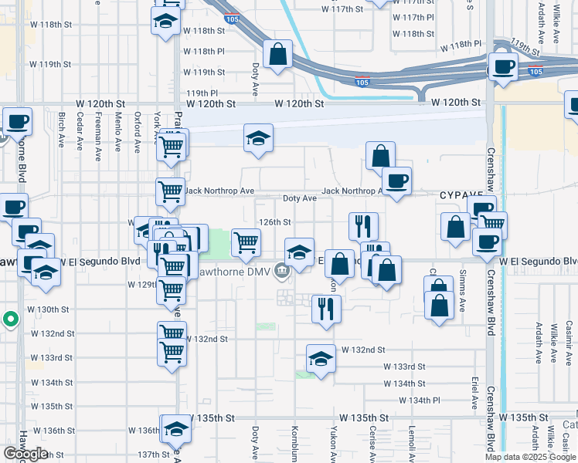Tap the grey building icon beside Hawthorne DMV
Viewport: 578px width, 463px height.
[x=281, y=269]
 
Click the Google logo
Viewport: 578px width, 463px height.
[x=25, y=454]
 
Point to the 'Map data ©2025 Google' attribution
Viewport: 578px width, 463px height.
[x=530, y=457]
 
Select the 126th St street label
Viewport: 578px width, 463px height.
[x=274, y=221]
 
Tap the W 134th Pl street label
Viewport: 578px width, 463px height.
[x=419, y=400]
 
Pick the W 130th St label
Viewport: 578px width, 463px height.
[x=50, y=309]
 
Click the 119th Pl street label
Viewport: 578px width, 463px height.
[x=202, y=93]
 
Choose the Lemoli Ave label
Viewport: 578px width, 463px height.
[x=413, y=438]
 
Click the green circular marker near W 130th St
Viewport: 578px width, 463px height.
[x=10, y=319]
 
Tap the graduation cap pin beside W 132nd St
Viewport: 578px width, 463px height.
[x=321, y=359]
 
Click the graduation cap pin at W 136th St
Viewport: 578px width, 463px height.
[x=175, y=429]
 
